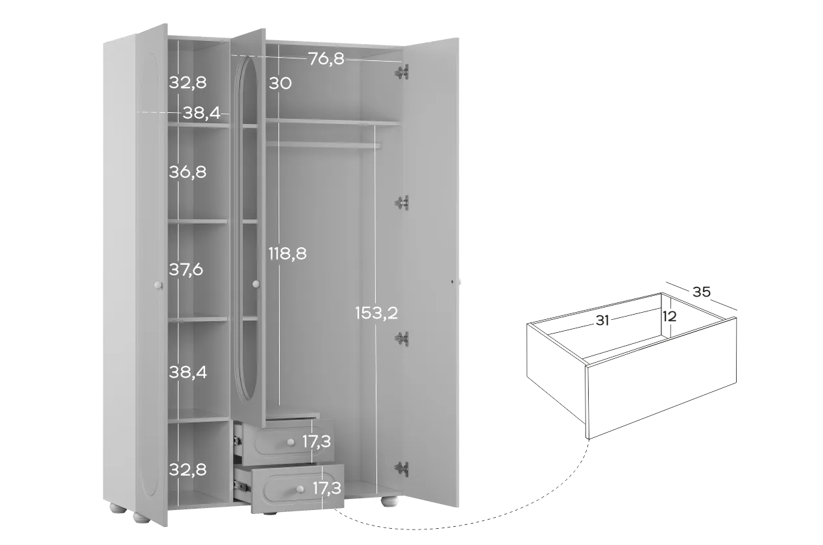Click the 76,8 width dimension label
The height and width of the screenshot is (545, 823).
(x=326, y=59)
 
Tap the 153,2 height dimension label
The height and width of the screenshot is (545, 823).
(x=376, y=313)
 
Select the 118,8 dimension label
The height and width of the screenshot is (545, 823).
(x=288, y=254)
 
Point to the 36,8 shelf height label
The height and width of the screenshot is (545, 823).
(x=188, y=172)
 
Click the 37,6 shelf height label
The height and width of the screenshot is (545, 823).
(x=186, y=269)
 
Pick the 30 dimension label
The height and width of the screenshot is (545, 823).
(x=280, y=83)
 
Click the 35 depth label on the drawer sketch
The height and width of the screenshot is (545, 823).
(x=702, y=292)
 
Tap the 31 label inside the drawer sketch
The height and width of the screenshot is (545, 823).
(x=602, y=321)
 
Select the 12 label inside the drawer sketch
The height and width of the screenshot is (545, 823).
(x=669, y=317)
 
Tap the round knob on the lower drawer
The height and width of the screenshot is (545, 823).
(x=300, y=489)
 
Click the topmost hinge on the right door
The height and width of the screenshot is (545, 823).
(x=402, y=73)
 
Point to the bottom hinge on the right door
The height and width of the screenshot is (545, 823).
(x=402, y=469)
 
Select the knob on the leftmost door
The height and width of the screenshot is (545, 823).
(x=158, y=285)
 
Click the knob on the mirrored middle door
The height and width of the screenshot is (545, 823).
(x=256, y=284)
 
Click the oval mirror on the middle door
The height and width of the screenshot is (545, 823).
(x=246, y=228)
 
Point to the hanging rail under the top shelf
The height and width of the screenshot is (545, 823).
(x=324, y=145)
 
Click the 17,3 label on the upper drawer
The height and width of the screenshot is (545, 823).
(x=316, y=441)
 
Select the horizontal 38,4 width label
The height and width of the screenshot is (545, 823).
(x=201, y=113)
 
